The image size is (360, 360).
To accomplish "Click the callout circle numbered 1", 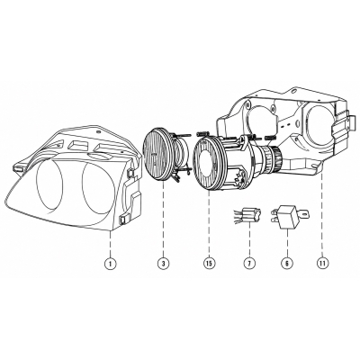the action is coord(111,264).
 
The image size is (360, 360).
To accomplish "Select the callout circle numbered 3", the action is coord(164,264).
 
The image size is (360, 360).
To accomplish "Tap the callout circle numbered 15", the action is coord(209,264).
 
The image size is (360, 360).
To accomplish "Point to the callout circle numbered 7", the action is coord(249,264).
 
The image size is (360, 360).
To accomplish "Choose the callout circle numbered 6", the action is coord(286,264).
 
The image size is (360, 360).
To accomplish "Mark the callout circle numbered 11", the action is coord(322,264).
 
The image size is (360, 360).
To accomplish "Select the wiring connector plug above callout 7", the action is coord(247,216).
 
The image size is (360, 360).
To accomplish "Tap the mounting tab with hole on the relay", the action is coord(304,214).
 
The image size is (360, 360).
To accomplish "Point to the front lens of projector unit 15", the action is coord(207,164).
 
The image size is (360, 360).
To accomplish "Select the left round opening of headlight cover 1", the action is coord(49,184).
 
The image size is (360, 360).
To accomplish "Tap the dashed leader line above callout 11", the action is coord(322,214).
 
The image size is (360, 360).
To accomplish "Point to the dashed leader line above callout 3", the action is coord(164,220).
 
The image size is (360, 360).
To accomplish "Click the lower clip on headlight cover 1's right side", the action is coord(123,220).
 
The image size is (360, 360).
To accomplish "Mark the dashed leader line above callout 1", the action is coord(111,244).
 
